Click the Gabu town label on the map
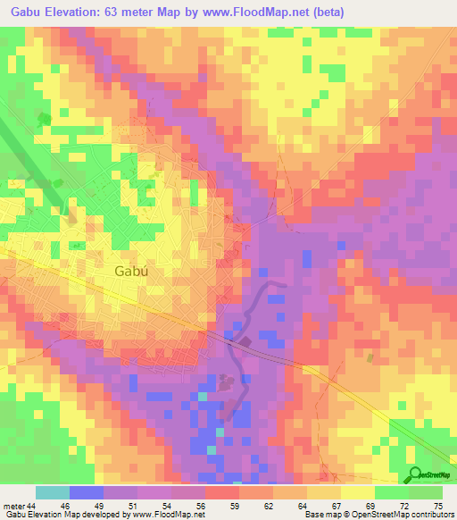click(x=130, y=272)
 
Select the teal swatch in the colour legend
click(x=53, y=492)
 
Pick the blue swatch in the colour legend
click(x=87, y=492)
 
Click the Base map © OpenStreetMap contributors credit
click(x=378, y=515)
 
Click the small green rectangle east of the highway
click(x=370, y=357)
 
